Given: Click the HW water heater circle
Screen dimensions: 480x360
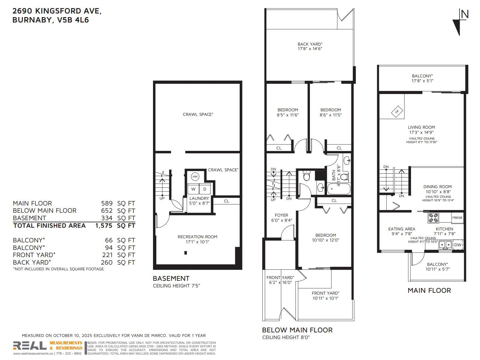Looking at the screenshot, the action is click(195, 177).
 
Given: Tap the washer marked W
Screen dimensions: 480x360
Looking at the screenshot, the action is click(193, 189).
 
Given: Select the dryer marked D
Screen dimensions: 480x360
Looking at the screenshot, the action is click(205, 189).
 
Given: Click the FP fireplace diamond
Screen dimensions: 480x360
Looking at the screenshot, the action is click(397, 112).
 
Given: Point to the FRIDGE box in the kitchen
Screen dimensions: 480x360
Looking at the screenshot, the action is click(457, 218).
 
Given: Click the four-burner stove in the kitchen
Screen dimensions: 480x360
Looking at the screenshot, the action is click(433, 218).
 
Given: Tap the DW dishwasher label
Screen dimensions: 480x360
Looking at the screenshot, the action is click(457, 245).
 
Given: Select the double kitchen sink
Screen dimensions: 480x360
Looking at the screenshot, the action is click(445, 244).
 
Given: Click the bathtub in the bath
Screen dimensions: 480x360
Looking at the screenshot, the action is click(339, 189).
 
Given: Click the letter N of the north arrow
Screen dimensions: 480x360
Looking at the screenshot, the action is click(464, 14).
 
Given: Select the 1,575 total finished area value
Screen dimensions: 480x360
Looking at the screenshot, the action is click(104, 226).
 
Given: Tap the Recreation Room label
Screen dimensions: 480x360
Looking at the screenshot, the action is click(197, 237).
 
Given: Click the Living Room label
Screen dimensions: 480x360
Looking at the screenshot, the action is click(421, 127).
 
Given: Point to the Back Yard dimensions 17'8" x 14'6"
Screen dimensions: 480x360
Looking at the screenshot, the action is click(310, 49).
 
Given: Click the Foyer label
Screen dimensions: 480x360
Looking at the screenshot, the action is click(281, 215).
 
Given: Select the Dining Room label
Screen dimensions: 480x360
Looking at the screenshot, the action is click(437, 187).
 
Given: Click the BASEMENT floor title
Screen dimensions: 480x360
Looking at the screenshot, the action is click(171, 278).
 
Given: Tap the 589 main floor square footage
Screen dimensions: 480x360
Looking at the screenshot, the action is click(107, 203).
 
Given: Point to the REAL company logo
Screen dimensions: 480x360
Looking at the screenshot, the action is click(30, 346).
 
